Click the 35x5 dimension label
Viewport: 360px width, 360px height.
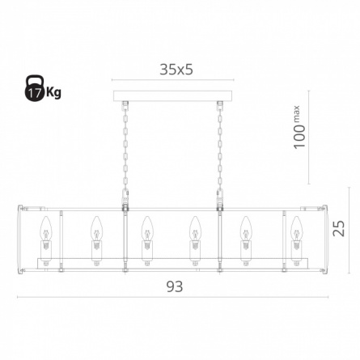click(x=176, y=70)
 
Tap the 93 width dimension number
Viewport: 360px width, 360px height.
click(x=175, y=286)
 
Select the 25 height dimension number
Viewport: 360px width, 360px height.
click(x=338, y=228)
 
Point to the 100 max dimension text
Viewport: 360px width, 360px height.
click(x=299, y=127)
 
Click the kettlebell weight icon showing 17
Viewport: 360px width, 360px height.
click(x=34, y=88)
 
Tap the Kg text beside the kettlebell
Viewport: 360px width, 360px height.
click(x=53, y=92)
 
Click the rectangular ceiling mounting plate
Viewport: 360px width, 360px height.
click(x=172, y=96)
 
